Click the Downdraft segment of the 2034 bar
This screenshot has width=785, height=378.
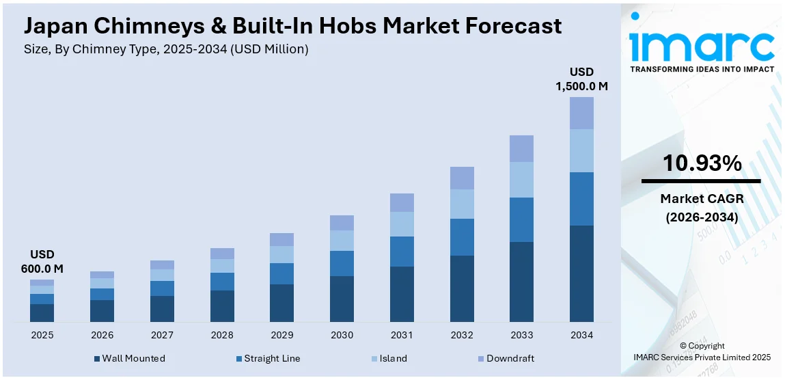581,113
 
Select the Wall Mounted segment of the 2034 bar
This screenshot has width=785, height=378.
581,273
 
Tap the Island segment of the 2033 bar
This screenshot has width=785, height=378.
521,180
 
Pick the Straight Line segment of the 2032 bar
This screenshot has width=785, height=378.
461,237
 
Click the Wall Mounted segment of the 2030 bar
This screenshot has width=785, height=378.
342,299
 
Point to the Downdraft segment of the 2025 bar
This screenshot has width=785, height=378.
42,282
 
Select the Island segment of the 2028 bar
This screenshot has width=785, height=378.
222,266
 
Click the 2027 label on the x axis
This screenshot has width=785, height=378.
162,335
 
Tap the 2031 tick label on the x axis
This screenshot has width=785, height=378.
402,335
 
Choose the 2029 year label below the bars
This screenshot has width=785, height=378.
281,335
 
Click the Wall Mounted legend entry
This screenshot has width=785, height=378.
130,358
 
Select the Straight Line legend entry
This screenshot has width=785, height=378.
267,358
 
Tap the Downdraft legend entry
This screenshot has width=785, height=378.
506,358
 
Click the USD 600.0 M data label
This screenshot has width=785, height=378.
42,262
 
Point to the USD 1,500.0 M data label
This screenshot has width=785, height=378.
581,79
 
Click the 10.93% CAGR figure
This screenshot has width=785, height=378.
701,163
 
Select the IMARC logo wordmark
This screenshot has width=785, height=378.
701,46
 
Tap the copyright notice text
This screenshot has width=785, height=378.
702,351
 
